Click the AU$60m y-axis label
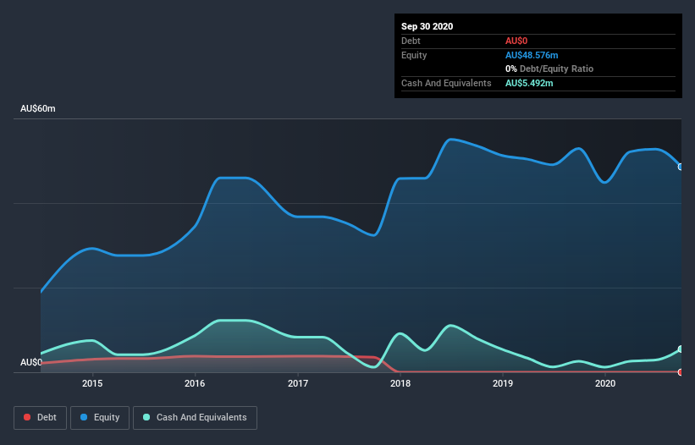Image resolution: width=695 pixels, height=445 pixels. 38,109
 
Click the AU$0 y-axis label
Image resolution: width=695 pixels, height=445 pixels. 31,362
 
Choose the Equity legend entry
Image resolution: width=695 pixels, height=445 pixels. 99,417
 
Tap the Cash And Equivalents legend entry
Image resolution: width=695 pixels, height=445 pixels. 195,417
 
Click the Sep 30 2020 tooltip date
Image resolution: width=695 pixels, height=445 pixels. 427,26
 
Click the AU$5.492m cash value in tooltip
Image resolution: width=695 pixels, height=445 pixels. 529,83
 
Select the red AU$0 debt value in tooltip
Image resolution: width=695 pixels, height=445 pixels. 517,41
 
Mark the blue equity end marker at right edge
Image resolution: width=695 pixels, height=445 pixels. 681,167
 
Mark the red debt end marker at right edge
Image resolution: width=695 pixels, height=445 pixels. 681,372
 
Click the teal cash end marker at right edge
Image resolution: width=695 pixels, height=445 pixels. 681,349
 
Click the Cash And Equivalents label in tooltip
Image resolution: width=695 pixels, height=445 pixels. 446,83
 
